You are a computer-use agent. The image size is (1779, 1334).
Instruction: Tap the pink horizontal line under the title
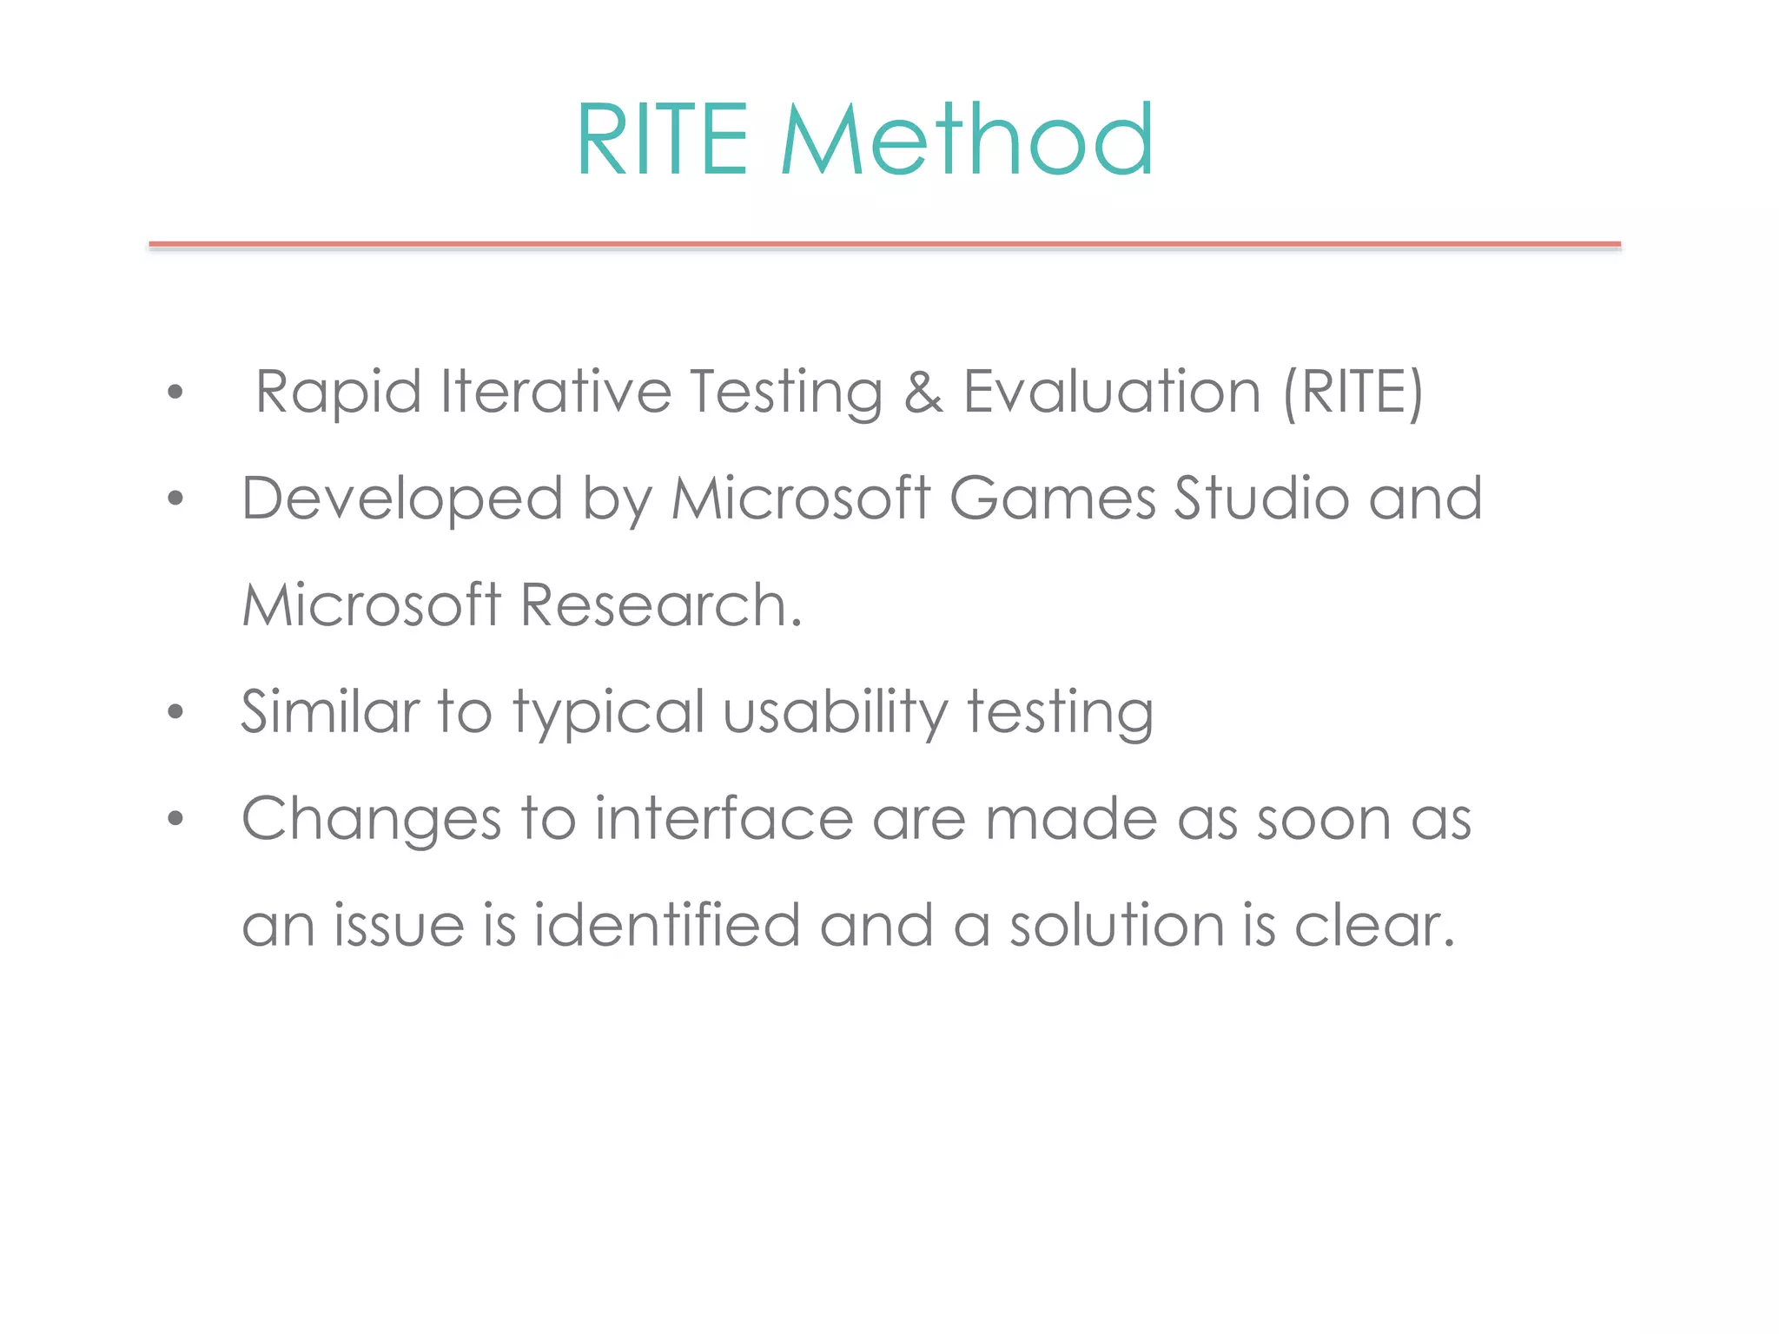[x=884, y=245]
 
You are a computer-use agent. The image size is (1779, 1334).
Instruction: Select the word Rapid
[x=338, y=393]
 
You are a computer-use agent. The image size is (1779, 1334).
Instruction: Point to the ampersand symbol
[x=923, y=393]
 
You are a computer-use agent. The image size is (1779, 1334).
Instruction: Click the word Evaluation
[x=1112, y=393]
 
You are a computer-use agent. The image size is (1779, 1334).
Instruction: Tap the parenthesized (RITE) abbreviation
[x=1353, y=393]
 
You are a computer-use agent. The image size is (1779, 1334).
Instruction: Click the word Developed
[x=402, y=499]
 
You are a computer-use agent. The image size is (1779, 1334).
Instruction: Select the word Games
[x=1053, y=499]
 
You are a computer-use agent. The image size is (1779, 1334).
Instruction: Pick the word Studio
[x=1261, y=499]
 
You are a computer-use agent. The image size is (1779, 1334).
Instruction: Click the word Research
[x=661, y=604]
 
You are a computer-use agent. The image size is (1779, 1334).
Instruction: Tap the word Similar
[x=330, y=712]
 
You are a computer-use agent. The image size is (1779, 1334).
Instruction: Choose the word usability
[x=836, y=712]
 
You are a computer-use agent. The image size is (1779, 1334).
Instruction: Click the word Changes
[x=371, y=819]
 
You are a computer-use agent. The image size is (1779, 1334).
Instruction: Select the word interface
[x=724, y=819]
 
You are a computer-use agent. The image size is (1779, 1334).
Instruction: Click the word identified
[x=666, y=925]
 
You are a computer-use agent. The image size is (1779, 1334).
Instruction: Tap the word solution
[x=1117, y=925]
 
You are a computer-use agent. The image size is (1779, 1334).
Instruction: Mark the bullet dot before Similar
[x=176, y=712]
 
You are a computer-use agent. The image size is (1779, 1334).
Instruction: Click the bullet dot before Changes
[x=176, y=818]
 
